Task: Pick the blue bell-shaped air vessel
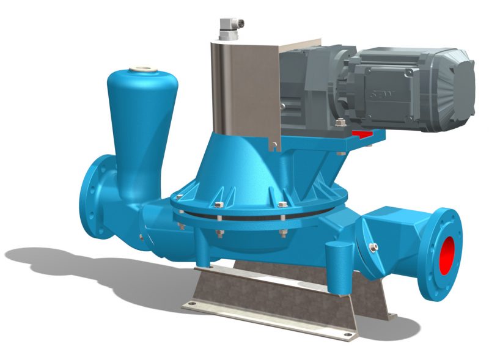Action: [x=137, y=128]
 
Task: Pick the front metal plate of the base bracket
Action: [x=275, y=306]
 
